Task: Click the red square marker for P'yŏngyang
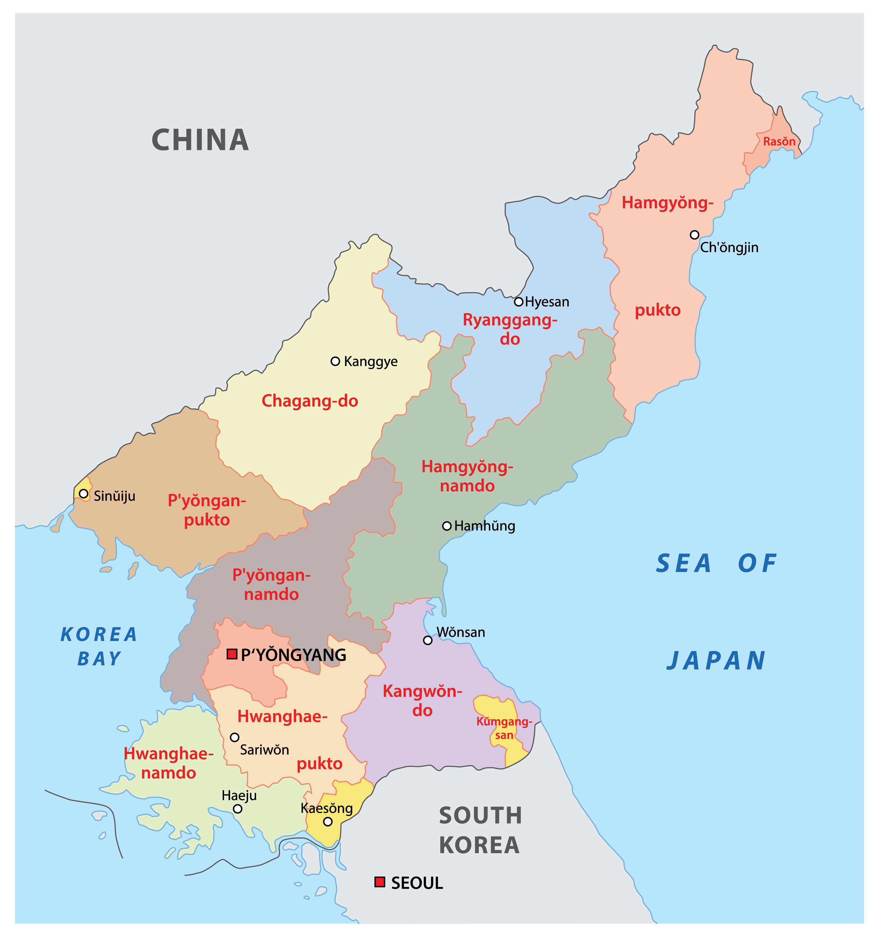click(232, 654)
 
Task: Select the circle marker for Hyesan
click(519, 301)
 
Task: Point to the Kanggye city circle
click(335, 361)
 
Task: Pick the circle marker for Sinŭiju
click(84, 494)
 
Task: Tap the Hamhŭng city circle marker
click(447, 526)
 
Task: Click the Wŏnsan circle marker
click(427, 640)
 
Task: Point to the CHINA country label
click(200, 140)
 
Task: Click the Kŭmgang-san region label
click(504, 728)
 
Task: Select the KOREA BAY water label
click(99, 646)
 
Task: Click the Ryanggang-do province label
click(510, 329)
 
